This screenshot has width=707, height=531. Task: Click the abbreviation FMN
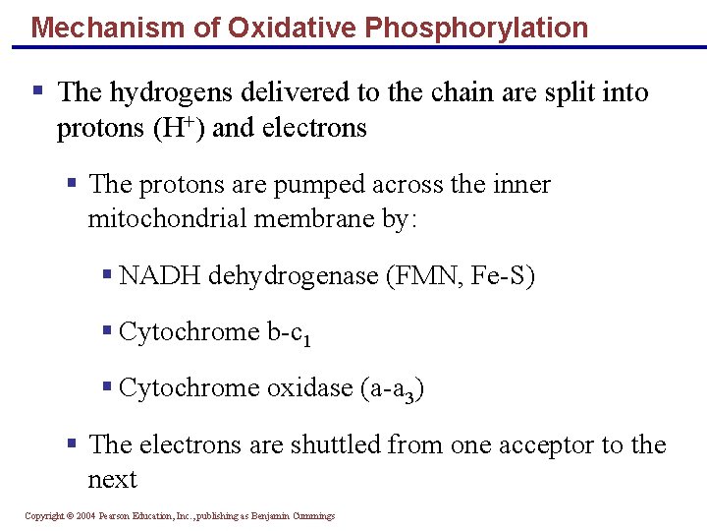[x=414, y=276]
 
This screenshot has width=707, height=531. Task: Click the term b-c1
[x=291, y=333]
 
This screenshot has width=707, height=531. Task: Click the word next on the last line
[x=112, y=480]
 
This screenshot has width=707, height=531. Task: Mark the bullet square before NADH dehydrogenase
[x=107, y=275]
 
